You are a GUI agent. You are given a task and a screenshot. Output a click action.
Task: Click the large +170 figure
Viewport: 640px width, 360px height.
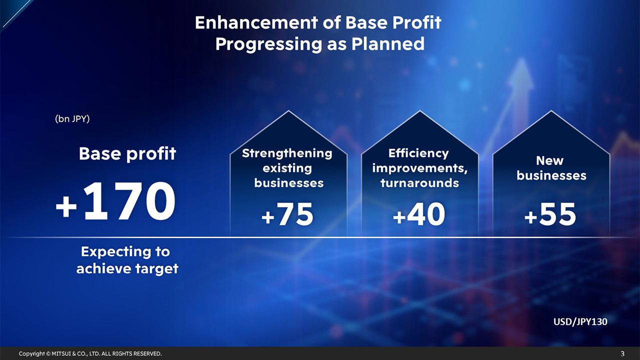coord(115,202)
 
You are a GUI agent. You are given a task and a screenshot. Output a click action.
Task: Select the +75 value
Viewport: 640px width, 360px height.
coord(287,215)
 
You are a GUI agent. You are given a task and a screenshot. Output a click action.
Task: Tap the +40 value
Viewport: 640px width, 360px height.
coord(419,215)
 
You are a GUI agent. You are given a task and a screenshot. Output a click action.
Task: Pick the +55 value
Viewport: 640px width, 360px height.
coord(550,215)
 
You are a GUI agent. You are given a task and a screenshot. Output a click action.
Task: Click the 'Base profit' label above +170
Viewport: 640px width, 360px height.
coord(127,153)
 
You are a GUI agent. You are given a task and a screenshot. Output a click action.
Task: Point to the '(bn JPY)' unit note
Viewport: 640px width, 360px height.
coord(72,119)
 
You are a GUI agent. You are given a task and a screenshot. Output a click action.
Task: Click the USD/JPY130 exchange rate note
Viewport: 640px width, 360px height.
coord(580,321)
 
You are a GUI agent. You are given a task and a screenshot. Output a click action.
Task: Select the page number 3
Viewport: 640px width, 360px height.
coord(622,353)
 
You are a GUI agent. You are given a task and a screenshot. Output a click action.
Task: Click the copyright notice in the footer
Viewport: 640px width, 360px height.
coord(90,353)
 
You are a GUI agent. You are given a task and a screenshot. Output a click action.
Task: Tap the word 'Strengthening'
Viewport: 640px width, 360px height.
coord(287,153)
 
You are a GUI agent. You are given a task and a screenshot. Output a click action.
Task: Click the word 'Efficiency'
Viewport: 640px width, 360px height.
coord(418,153)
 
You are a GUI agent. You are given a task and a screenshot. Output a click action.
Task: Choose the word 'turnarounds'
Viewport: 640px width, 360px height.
coord(419,183)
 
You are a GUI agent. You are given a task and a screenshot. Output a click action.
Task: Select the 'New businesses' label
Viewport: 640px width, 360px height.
coord(551,168)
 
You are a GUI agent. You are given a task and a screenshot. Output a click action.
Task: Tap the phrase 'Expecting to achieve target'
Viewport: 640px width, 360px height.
coord(127,260)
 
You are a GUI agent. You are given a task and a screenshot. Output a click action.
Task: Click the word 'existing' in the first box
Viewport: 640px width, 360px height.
coord(287,168)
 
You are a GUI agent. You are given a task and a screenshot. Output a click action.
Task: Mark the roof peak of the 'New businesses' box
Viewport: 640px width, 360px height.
coord(551,111)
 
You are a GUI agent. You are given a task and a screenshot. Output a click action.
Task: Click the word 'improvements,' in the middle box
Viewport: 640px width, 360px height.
coord(419,168)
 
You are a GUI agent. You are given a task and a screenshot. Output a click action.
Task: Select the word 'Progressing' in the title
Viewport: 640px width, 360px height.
coord(268,44)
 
